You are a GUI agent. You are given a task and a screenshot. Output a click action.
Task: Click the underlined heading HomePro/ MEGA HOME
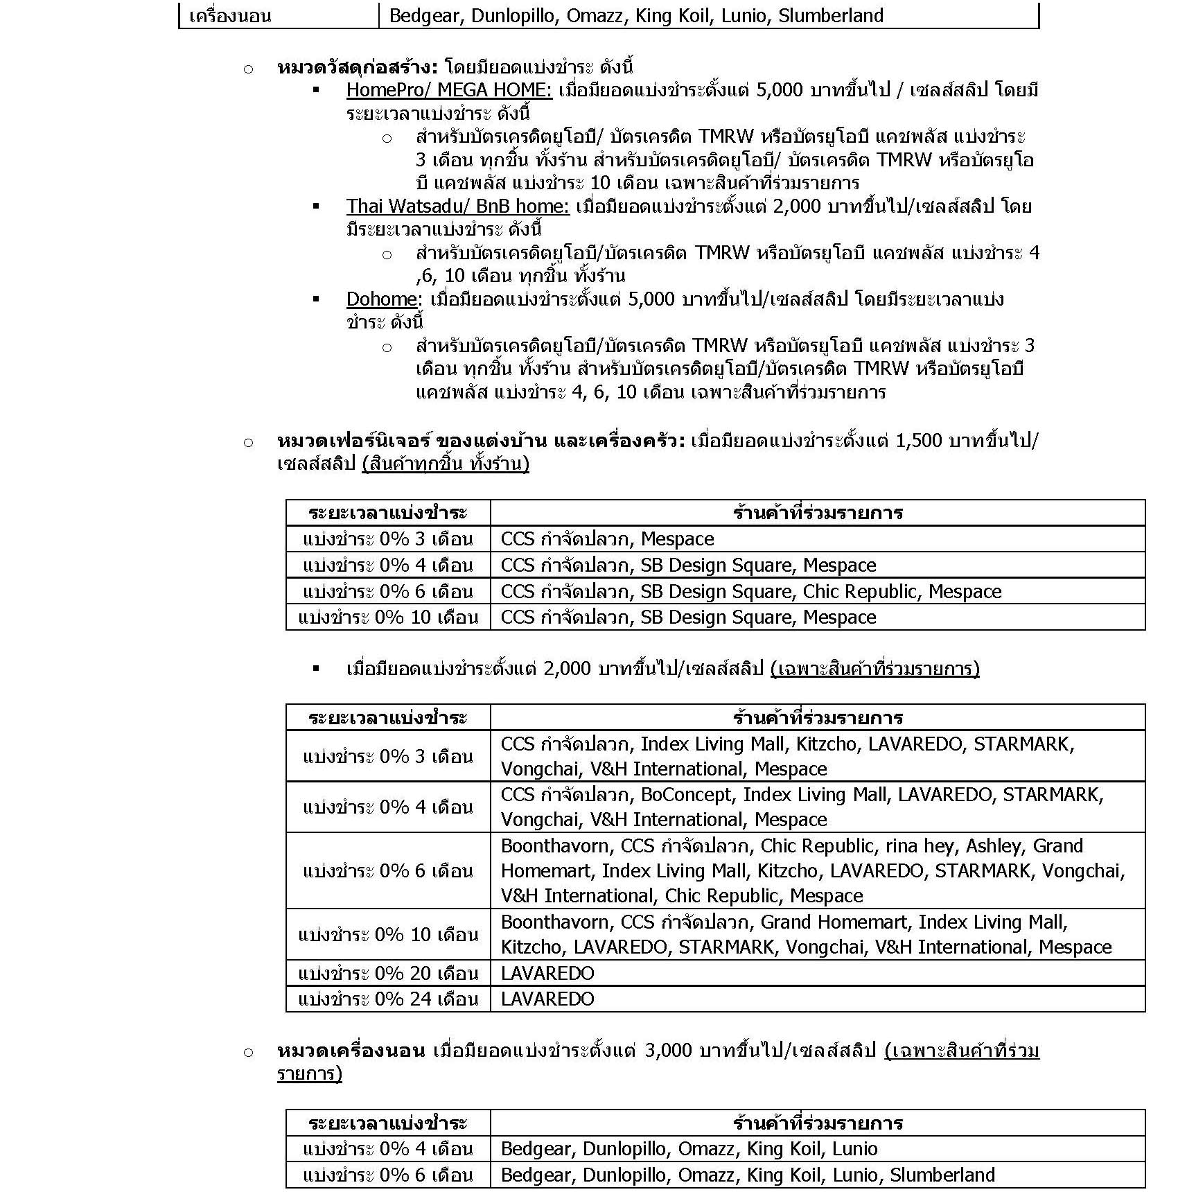[x=449, y=90]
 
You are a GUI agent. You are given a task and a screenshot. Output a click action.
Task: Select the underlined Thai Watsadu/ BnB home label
[x=457, y=206]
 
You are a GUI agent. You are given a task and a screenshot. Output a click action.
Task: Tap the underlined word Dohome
[x=382, y=299]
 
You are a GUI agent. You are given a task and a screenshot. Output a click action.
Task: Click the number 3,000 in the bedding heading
[x=668, y=1050]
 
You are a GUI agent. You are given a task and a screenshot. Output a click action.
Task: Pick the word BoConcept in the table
[x=686, y=794]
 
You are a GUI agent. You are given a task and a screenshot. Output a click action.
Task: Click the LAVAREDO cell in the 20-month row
[x=547, y=973]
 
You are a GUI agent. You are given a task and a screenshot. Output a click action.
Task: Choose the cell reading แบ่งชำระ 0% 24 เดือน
[x=388, y=999]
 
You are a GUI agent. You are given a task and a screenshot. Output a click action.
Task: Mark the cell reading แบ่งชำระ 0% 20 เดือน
[x=388, y=973]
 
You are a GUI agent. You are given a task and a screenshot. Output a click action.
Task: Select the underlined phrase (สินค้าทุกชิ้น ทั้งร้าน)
[x=445, y=464]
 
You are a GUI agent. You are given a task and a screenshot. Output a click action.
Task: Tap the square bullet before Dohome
[x=317, y=299]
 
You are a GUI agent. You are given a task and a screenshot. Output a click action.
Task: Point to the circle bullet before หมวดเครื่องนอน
[x=248, y=1053]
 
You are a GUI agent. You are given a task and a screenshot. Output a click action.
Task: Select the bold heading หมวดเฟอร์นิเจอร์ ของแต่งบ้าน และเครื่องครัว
[x=481, y=440]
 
